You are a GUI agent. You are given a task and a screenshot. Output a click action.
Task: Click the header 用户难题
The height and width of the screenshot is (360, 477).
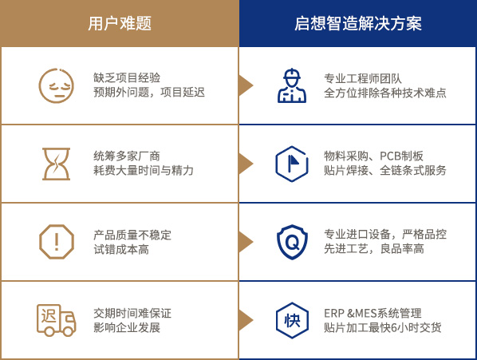120,23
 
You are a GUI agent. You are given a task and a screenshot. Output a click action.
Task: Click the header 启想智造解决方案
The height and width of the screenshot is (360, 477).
357,23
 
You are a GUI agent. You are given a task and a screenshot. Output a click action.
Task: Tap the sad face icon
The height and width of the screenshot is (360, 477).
57,85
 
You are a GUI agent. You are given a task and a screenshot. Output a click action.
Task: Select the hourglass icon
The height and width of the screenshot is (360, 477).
57,164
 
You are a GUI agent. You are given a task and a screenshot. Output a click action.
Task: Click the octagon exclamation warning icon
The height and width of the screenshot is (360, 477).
57,242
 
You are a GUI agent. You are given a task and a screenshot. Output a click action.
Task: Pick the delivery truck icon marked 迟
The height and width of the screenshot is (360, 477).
57,320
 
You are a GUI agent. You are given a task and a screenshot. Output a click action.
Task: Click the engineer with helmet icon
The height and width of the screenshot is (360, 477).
292,85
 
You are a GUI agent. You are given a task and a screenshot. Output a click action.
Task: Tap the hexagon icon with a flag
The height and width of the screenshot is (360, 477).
292,164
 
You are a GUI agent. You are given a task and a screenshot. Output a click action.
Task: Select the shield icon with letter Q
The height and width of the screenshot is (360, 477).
292,242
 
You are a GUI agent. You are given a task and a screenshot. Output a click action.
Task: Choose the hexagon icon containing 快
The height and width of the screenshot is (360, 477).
292,320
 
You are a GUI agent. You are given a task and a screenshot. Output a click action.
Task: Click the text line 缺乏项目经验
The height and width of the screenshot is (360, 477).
127,78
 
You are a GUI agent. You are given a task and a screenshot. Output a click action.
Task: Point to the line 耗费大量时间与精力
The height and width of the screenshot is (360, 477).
144,170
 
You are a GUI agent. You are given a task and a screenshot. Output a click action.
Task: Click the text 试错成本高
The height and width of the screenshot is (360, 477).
121,250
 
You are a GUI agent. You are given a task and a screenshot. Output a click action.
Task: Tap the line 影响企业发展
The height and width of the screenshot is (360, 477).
127,328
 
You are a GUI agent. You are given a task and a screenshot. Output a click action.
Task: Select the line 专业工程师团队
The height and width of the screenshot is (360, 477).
363,78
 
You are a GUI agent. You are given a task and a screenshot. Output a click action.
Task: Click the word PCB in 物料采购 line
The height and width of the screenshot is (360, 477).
391,156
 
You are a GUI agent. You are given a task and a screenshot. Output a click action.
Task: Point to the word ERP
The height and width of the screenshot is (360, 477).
334,314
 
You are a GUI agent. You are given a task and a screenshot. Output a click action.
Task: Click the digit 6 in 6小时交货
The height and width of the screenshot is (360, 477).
394,328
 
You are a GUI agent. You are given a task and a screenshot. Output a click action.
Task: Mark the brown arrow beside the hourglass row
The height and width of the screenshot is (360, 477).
246,164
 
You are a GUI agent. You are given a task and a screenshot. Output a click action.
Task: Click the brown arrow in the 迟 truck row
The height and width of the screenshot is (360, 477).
246,320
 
